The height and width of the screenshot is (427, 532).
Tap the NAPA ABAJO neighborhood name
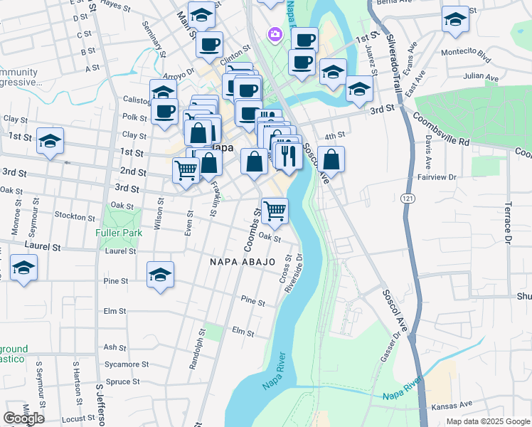coord(242,262)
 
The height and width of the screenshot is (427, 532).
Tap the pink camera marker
coord(274,33)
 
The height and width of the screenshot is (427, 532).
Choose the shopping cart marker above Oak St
coord(275,210)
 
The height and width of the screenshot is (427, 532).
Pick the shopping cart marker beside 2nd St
coord(186,170)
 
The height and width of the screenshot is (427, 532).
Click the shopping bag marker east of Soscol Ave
coord(331,159)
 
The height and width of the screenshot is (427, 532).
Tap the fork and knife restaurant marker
coord(289,155)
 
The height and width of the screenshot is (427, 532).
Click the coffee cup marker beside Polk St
coord(165,112)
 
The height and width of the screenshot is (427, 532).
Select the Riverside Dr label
coord(293,275)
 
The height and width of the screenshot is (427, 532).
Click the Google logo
coord(23,418)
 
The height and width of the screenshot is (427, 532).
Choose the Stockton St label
coord(75,216)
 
